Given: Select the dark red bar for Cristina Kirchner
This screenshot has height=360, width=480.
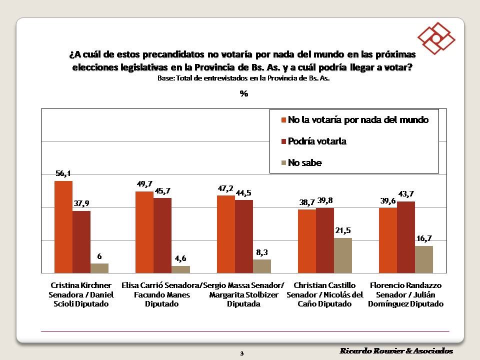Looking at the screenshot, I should click(x=81, y=241).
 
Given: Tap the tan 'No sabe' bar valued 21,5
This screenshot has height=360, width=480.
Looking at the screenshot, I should click(x=342, y=255).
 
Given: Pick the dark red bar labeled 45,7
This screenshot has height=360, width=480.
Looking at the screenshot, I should click(x=162, y=235).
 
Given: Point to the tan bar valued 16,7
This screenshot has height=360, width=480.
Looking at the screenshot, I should click(x=423, y=259).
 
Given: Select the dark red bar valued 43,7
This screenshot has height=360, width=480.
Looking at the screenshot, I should click(x=405, y=237).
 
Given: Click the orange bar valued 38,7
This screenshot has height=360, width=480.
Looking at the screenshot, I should click(x=306, y=241).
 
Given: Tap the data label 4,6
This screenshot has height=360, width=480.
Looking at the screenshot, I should click(x=181, y=259).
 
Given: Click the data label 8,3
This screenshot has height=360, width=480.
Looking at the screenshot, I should click(x=262, y=252).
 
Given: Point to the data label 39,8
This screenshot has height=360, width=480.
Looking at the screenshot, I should click(x=325, y=200).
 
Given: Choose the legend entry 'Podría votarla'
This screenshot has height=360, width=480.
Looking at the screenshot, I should click(x=316, y=141).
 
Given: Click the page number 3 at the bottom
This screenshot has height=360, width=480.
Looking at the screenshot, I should click(x=241, y=353).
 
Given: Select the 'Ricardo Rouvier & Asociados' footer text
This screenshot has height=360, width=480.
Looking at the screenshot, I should click(x=396, y=350).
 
